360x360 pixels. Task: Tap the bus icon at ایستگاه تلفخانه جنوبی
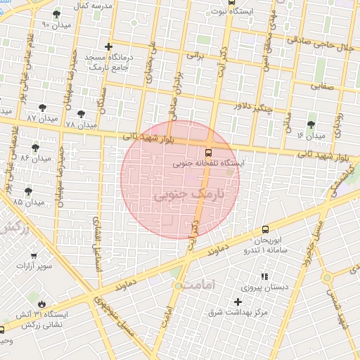click(208, 152)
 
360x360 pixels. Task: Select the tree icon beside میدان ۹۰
click(56, 14)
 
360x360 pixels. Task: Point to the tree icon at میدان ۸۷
click(43, 108)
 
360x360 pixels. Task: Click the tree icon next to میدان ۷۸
click(82, 113)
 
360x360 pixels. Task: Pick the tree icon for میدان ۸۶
click(35, 148)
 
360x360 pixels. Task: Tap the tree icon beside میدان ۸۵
click(28, 191)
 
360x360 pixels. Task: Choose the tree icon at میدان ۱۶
click(311, 124)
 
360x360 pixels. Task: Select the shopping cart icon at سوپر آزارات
click(34, 256)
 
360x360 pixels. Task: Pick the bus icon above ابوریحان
click(265, 229)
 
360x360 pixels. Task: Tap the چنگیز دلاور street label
click(255, 108)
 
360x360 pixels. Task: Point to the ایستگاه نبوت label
click(248, 12)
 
